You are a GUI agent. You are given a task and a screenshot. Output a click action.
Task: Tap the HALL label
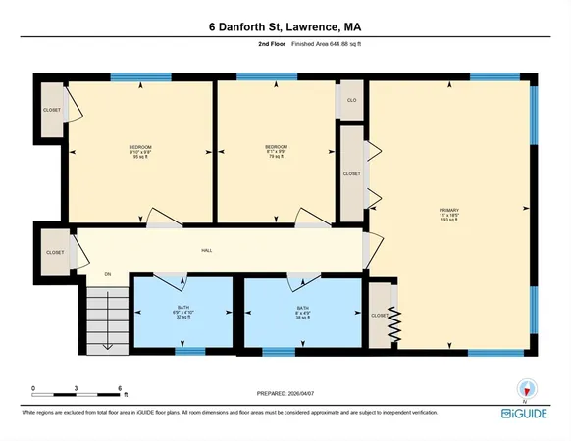tap(207, 251)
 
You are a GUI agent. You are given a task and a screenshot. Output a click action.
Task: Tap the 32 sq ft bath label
tap(182, 313)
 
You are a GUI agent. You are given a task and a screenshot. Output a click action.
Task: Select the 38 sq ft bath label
tap(303, 313)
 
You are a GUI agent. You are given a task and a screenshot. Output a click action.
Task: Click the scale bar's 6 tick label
tap(119, 388)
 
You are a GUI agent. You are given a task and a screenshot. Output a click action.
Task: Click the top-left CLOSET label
tap(52, 110)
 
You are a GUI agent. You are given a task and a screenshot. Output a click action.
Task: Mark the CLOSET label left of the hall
tap(55, 253)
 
